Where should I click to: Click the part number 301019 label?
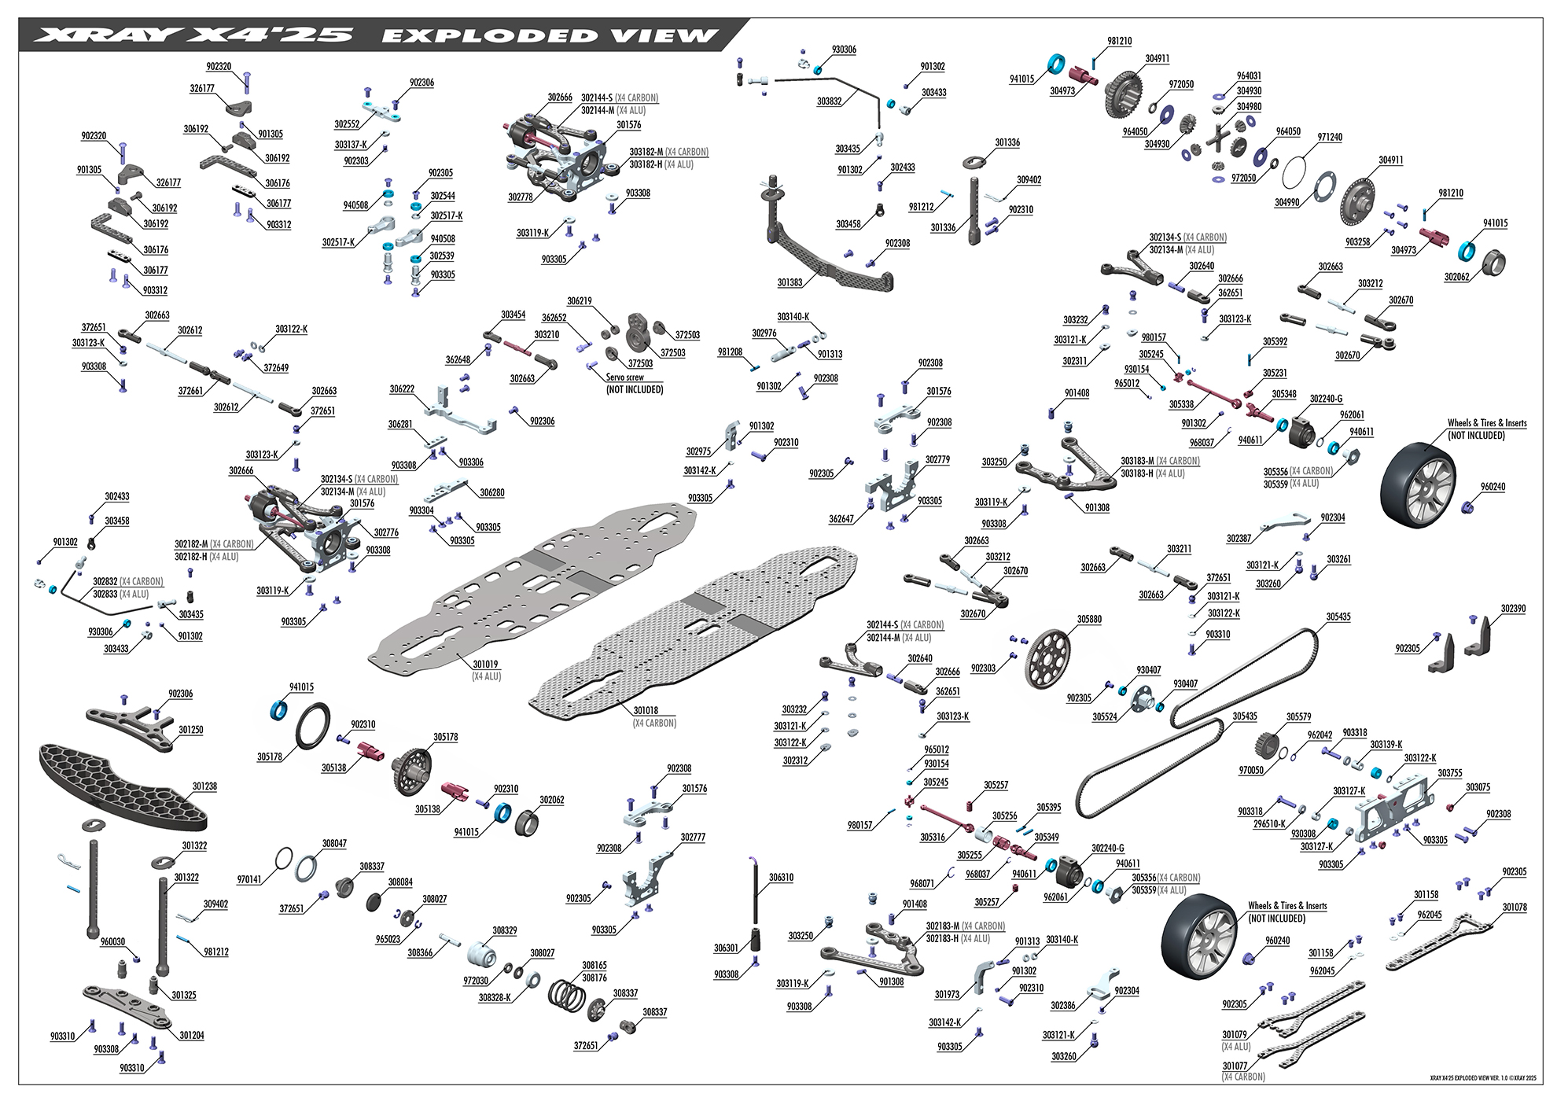click(x=485, y=665)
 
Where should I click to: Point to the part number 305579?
click(x=1299, y=716)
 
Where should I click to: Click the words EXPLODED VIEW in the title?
click(x=550, y=35)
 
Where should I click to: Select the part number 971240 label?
click(x=1330, y=137)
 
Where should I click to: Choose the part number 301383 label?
click(x=790, y=282)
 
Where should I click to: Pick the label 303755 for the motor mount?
click(x=1451, y=773)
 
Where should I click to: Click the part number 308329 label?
click(x=505, y=930)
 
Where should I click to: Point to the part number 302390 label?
click(x=1513, y=609)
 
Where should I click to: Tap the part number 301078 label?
click(x=1515, y=907)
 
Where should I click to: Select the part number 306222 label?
click(x=402, y=389)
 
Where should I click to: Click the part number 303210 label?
click(x=547, y=334)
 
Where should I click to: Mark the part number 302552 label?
click(x=347, y=124)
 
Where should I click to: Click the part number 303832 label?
click(x=830, y=101)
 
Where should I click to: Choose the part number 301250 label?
click(x=191, y=730)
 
